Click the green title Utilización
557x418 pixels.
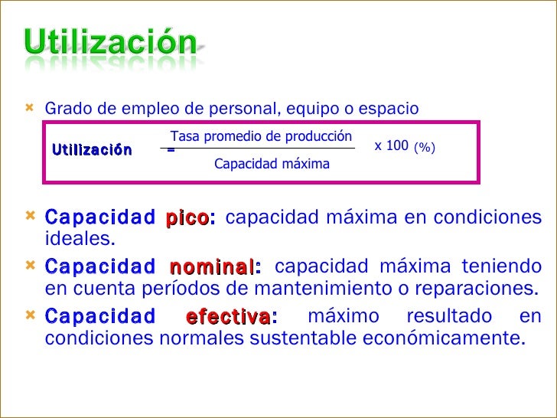[111, 42]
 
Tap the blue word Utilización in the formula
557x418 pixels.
[92, 149]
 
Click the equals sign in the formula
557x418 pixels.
[171, 150]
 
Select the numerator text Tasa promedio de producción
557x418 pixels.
[261, 137]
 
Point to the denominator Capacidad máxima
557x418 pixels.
[272, 164]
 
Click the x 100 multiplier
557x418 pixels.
[391, 145]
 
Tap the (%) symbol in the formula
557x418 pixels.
[424, 146]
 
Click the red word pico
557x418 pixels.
[186, 217]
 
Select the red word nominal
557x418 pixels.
[212, 267]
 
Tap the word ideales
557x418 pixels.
[80, 239]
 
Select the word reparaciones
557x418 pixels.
[471, 289]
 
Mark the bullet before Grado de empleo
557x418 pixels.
[31, 108]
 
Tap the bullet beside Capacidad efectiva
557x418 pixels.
[31, 315]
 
